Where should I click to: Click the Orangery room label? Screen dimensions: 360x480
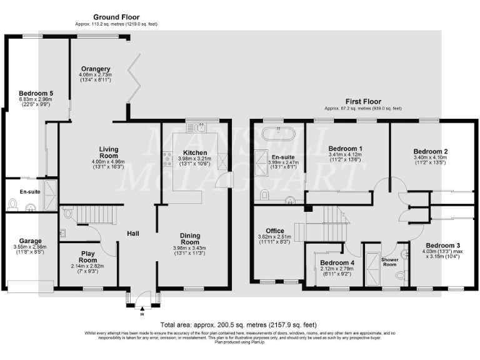pyautogui.click(x=96, y=69)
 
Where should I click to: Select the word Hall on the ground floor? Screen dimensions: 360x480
pyautogui.click(x=132, y=234)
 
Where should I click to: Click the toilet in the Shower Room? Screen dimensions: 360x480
pyautogui.click(x=401, y=274)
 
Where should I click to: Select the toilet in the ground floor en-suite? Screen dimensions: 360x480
pyautogui.click(x=12, y=203)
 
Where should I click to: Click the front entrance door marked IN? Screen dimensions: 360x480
pyautogui.click(x=142, y=299)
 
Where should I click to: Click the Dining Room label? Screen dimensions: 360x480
pyautogui.click(x=190, y=238)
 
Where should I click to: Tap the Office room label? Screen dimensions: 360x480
pyautogui.click(x=275, y=231)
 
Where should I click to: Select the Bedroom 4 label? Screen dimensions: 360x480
pyautogui.click(x=337, y=263)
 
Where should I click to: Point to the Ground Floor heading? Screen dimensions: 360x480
pyautogui.click(x=116, y=17)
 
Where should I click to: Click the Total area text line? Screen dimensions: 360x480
pyautogui.click(x=239, y=325)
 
